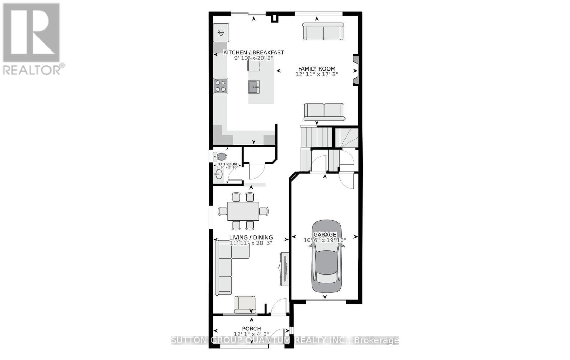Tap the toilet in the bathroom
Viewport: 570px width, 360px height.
(x=221, y=156)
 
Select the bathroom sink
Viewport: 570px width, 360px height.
(x=219, y=174)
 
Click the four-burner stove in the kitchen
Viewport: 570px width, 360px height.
(x=221, y=86)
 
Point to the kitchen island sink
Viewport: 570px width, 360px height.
(x=254, y=86)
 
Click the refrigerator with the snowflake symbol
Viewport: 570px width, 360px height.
(x=221, y=33)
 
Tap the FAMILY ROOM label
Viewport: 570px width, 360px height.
(x=317, y=69)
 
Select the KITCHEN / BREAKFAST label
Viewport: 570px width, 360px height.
(x=253, y=53)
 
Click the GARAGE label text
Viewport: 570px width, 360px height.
(x=325, y=235)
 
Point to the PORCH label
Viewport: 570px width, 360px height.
(x=252, y=329)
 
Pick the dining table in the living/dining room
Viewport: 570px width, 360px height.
(x=243, y=211)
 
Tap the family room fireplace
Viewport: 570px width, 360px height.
(x=356, y=70)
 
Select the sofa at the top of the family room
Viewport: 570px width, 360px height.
(x=323, y=32)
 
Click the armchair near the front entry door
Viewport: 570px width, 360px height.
(x=245, y=304)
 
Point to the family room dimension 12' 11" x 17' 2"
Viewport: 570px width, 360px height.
(x=317, y=75)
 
